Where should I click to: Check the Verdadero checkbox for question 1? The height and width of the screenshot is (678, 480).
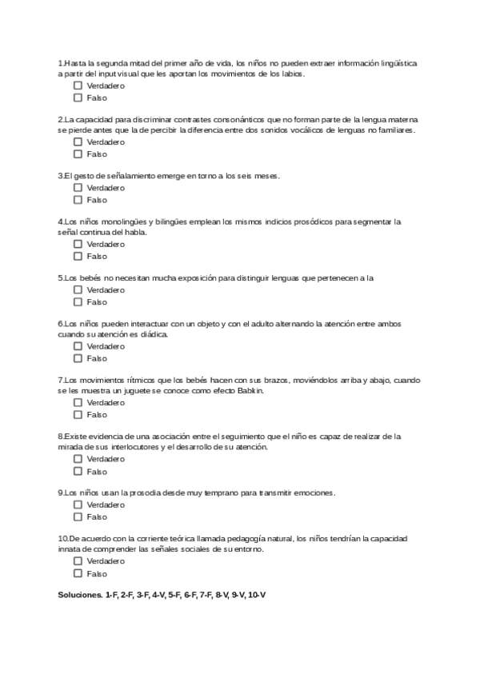coord(78,85)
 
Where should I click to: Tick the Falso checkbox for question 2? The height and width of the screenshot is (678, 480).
coord(78,154)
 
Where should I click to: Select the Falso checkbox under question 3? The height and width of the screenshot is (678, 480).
coord(78,200)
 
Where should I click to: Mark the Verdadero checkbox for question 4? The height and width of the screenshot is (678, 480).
coord(78,244)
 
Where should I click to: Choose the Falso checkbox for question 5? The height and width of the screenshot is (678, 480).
coord(78,302)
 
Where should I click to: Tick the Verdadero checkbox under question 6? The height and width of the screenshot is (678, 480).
coord(78,346)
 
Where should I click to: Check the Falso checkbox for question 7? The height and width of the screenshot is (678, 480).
coord(78,415)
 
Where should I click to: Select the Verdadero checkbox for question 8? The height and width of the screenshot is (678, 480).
coord(78,460)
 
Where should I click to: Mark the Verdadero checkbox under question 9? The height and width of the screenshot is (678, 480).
coord(78,505)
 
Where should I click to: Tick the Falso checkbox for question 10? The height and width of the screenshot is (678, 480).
coord(78,573)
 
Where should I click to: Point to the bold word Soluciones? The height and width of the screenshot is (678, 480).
coord(80,596)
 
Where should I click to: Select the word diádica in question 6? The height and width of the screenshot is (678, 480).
coord(154,334)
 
